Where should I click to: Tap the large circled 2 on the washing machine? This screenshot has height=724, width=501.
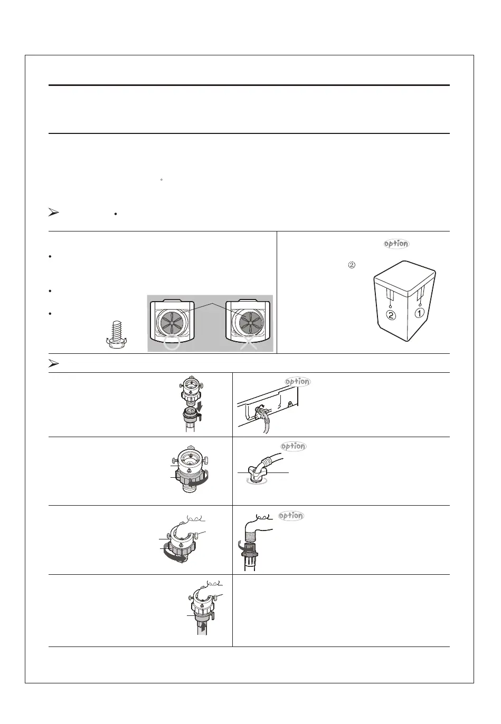[390, 316]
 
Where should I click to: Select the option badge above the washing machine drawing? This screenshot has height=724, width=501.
[396, 244]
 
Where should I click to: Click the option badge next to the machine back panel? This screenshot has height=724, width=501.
[297, 382]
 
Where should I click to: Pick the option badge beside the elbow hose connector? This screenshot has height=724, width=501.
[293, 446]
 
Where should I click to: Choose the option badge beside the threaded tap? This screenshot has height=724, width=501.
[291, 516]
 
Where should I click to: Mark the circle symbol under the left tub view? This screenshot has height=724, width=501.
[173, 345]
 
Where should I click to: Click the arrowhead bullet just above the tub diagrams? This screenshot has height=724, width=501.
[53, 214]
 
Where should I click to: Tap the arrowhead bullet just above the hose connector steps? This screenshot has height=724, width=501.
[53, 363]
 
